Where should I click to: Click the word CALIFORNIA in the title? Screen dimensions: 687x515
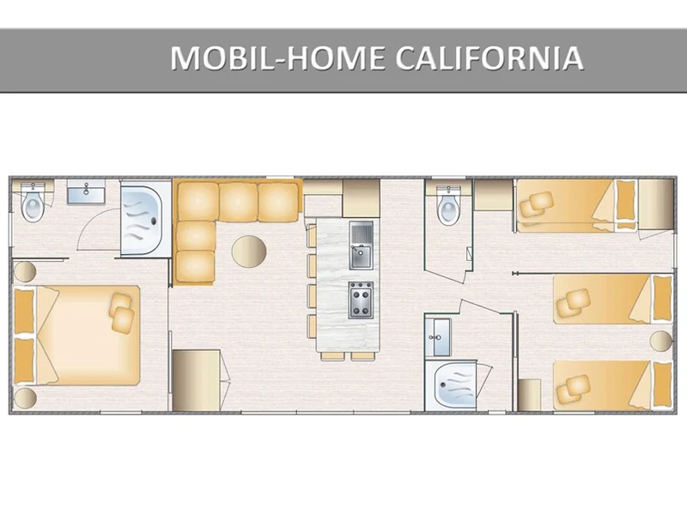pyautogui.click(x=489, y=58)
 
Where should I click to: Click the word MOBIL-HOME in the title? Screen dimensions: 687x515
pyautogui.click(x=277, y=58)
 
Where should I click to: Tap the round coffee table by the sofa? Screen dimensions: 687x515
pyautogui.click(x=249, y=251)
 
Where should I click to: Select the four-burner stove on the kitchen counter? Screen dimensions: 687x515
pyautogui.click(x=361, y=300)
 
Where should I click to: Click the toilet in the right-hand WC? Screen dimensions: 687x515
pyautogui.click(x=448, y=205)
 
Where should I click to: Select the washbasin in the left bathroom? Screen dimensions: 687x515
pyautogui.click(x=86, y=191)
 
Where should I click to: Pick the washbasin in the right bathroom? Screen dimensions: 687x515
pyautogui.click(x=438, y=337)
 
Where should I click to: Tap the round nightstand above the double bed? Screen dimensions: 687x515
pyautogui.click(x=25, y=272)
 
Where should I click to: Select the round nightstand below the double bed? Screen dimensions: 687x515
pyautogui.click(x=25, y=397)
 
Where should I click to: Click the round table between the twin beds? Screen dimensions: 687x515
pyautogui.click(x=661, y=340)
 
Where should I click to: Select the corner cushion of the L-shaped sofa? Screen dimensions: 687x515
pyautogui.click(x=198, y=202)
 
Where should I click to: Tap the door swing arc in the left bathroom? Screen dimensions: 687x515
pyautogui.click(x=93, y=222)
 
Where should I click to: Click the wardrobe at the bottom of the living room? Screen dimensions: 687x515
pyautogui.click(x=197, y=380)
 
